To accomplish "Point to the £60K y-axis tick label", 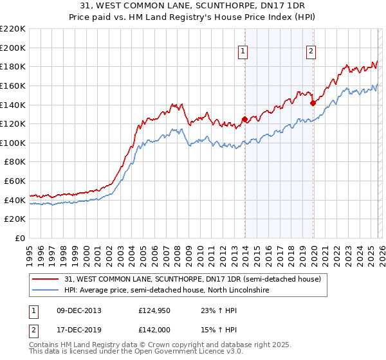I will coord(15,181).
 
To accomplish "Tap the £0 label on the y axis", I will coord(20,239).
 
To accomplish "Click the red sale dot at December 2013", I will coord(244,119).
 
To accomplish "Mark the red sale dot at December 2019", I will coord(313,102).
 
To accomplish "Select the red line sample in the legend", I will coord(46,279).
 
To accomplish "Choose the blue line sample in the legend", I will coord(46,291).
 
